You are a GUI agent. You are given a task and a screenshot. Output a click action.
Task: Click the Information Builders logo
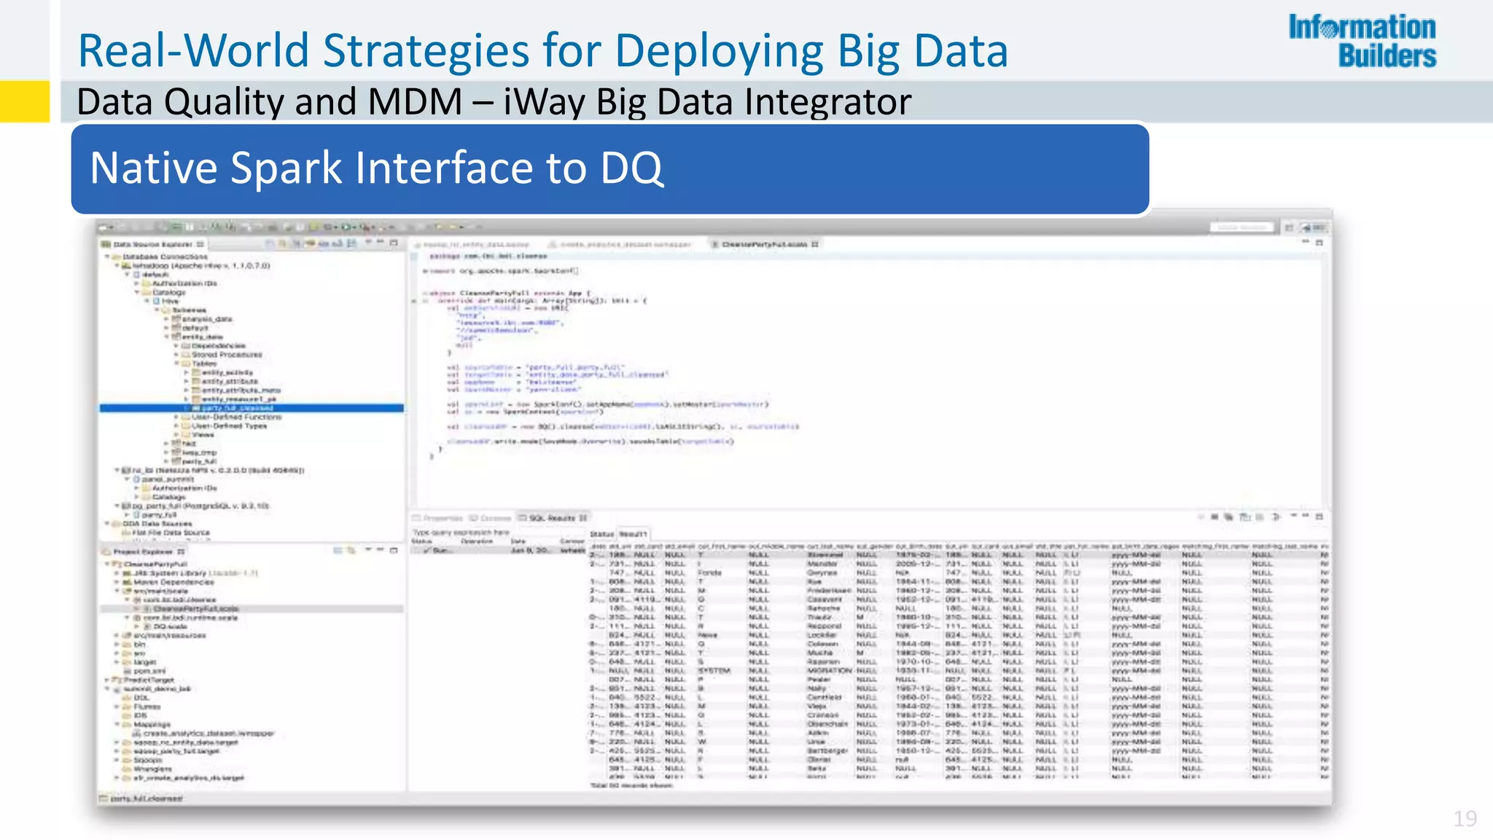tap(1362, 41)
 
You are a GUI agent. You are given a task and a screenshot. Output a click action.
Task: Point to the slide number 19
tap(1465, 819)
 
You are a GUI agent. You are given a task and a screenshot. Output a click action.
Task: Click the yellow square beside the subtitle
tap(24, 101)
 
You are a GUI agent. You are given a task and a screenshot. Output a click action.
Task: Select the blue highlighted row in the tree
tap(251, 408)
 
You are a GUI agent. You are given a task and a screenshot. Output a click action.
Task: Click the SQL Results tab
tap(552, 518)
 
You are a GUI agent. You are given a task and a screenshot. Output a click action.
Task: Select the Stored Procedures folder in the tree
tap(226, 354)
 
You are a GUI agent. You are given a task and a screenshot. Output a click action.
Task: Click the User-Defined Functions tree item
tap(236, 417)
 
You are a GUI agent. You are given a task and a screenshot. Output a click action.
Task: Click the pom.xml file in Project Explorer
tap(150, 671)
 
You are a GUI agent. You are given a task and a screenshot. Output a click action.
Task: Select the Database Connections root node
tap(164, 257)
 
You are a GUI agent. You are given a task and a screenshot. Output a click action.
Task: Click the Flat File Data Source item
tap(171, 532)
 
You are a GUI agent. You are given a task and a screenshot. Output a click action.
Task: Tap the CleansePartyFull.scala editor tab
tap(764, 244)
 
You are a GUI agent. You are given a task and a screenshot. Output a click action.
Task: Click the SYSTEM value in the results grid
tap(714, 671)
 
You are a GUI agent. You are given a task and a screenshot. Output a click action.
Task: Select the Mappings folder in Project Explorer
tap(152, 724)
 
